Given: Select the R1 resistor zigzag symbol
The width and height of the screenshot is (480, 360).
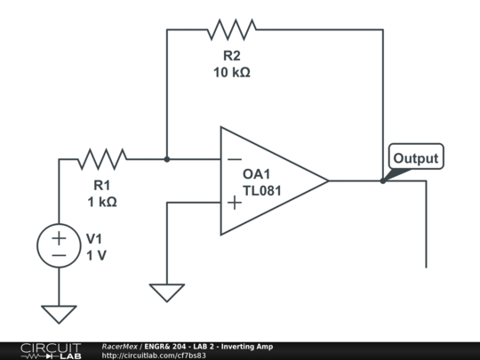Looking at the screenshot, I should pos(101,159).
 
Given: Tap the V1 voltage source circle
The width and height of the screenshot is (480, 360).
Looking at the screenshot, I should pos(59,246).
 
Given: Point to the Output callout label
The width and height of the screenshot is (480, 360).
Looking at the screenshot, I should pos(416,158).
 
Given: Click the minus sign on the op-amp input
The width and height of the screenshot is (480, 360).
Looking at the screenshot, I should pos(234,160).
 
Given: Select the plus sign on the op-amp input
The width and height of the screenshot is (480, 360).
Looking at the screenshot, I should pos(234,203).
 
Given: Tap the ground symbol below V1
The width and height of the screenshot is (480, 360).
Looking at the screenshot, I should pos(59,314).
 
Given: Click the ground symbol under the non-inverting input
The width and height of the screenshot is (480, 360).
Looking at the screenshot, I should pos(167,292).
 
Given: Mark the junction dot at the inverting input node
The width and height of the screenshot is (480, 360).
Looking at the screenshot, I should pos(167,159).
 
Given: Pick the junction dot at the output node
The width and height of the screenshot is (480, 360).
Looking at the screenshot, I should pos(383,180).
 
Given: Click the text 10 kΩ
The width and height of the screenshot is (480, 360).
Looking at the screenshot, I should pos(231,72).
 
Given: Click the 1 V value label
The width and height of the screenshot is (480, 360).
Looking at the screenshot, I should pos(96,255).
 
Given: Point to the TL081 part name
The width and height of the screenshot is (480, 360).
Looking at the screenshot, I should pos(262,190).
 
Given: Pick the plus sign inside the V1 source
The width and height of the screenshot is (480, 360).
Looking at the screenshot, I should pos(59,238).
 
